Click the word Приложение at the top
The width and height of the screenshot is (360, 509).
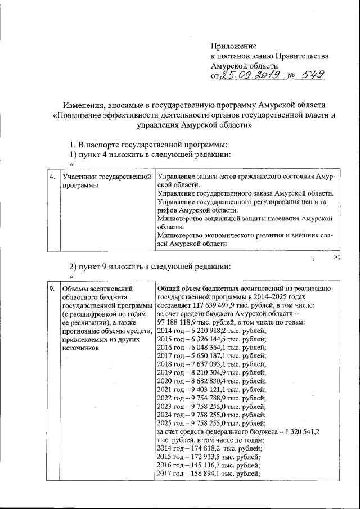pyautogui.click(x=233, y=46)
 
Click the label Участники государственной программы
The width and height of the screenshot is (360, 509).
pyautogui.click(x=107, y=181)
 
